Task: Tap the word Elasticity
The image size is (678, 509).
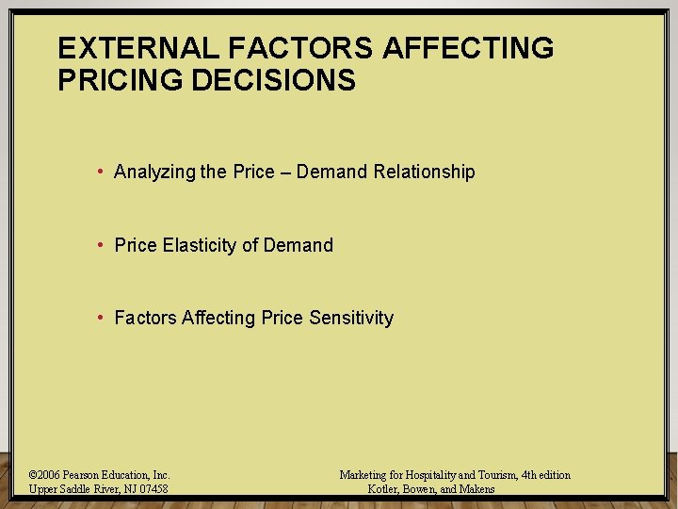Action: coord(200,245)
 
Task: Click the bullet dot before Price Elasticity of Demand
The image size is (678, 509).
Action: coord(100,245)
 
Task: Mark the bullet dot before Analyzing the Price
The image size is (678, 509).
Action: coord(100,172)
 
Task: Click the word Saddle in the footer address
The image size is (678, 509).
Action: coord(77,489)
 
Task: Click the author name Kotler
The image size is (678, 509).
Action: coord(384,489)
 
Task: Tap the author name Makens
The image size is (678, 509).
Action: coord(476,489)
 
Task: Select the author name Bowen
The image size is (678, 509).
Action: coord(420,489)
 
